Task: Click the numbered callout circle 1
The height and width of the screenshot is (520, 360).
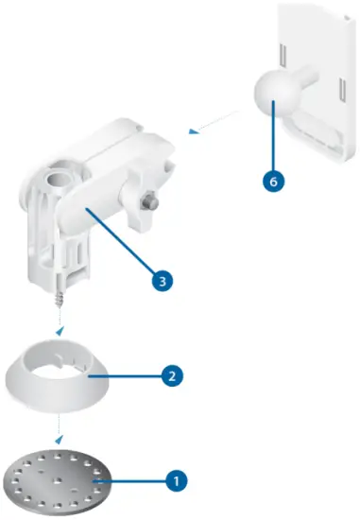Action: (x=174, y=479)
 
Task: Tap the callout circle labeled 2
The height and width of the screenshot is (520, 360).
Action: (x=171, y=375)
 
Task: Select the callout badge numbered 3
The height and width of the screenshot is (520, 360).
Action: (x=163, y=280)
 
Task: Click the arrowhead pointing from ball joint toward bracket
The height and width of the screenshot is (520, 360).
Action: (x=193, y=133)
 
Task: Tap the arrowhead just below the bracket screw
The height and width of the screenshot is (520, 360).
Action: (x=60, y=332)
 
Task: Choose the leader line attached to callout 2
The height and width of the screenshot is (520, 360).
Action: (x=132, y=375)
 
